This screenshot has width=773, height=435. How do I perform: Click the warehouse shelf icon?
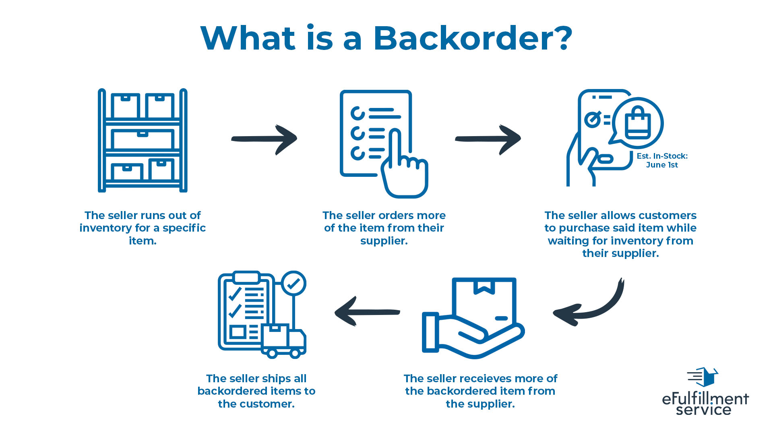[x=143, y=140]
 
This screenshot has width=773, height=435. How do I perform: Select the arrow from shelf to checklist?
[x=265, y=139]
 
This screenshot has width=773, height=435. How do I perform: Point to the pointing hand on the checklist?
[x=403, y=169]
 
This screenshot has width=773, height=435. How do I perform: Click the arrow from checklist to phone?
[x=488, y=139]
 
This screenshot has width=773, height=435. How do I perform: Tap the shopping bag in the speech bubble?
[x=638, y=123]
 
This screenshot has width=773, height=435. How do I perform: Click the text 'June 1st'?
[x=662, y=165]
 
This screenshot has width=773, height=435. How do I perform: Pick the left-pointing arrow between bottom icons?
[x=367, y=312]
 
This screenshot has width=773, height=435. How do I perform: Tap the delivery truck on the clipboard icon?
[x=284, y=340]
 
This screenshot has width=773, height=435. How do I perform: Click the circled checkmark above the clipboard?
[x=294, y=283]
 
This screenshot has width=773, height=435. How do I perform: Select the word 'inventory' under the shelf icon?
[x=105, y=228]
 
